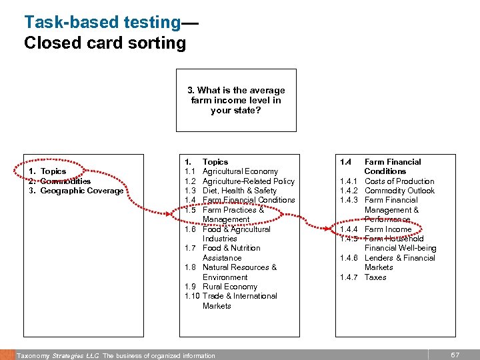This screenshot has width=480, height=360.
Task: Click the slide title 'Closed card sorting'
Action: click(105, 43)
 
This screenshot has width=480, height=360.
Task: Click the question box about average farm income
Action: click(235, 100)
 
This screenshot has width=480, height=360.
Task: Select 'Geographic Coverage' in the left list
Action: click(81, 191)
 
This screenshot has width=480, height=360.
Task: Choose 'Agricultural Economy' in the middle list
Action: click(241, 171)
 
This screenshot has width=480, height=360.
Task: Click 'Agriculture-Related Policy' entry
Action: click(248, 181)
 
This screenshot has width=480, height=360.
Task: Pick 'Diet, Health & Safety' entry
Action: click(239, 191)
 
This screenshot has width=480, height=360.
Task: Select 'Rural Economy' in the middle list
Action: click(229, 287)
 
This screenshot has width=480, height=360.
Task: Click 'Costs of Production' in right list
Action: click(399, 181)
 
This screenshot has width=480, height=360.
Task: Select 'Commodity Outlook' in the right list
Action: click(399, 191)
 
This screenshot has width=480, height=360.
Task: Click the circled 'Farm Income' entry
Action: click(388, 229)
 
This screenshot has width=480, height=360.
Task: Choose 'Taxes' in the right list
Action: click(375, 277)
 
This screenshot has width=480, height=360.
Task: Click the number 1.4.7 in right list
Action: click(349, 277)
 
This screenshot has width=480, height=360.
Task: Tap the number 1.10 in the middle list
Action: click(191, 296)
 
